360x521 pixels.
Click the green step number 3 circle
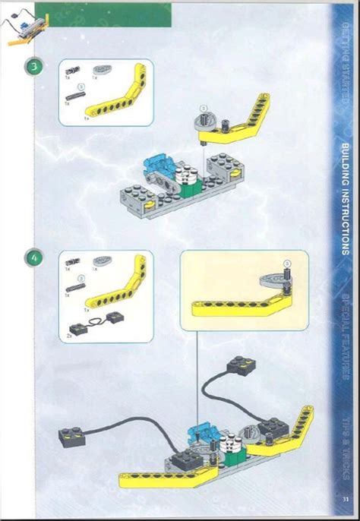34,65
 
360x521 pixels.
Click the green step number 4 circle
34,257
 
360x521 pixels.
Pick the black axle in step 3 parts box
76,97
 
